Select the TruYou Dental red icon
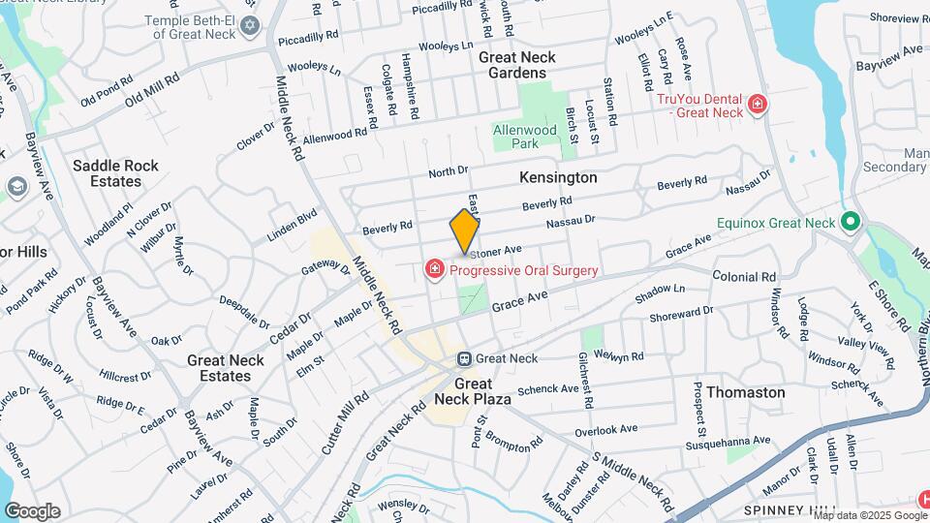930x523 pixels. pos(758,106)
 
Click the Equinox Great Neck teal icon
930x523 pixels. pos(851,222)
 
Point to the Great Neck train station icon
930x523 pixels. pos(465,358)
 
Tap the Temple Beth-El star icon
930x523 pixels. pos(251,24)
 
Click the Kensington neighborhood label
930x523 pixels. pos(558,178)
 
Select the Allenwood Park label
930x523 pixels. pos(525,137)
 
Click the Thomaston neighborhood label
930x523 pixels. pos(745,392)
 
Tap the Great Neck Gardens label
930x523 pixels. pos(517,65)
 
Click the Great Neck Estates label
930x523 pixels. pos(225,368)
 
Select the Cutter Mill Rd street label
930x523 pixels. pos(345,425)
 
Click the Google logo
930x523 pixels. pos(32,510)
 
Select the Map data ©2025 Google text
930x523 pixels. pos(861,514)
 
